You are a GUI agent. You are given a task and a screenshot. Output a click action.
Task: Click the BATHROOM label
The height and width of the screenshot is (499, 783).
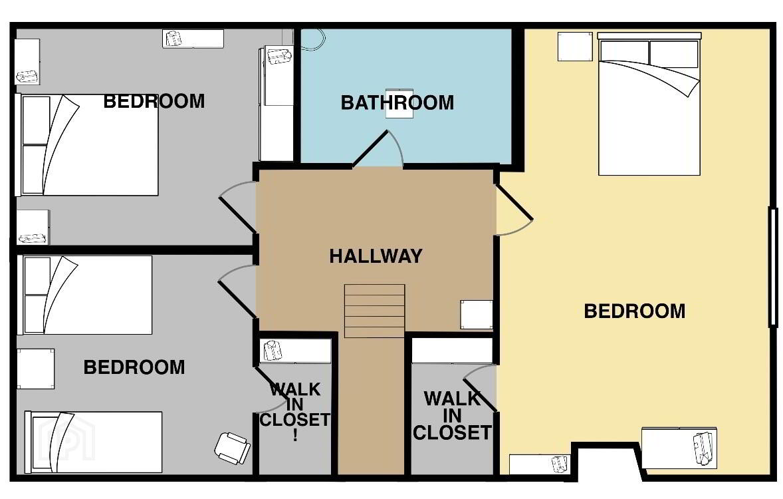(x=397, y=102)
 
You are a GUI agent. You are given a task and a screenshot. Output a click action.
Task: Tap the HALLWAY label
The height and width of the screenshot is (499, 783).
(x=376, y=256)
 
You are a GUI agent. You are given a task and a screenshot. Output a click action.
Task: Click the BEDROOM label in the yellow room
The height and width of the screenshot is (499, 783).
(x=635, y=311)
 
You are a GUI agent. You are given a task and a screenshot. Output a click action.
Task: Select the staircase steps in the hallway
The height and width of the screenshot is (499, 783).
(x=374, y=311)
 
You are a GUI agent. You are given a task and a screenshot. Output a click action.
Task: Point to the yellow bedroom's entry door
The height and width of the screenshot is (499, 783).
(x=514, y=210)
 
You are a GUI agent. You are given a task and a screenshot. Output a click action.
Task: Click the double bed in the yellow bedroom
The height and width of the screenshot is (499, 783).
(x=649, y=104)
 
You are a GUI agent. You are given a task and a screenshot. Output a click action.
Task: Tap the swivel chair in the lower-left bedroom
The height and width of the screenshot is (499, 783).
(x=232, y=448)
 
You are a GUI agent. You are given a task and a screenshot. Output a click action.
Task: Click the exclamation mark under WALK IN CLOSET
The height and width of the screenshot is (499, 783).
(x=295, y=434)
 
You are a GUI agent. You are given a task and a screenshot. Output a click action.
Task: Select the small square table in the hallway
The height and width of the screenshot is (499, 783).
(x=477, y=315)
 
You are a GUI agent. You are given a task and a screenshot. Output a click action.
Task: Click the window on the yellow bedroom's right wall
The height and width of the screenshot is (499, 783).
(x=773, y=267)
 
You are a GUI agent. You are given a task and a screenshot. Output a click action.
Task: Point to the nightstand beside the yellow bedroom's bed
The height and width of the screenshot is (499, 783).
(x=575, y=47)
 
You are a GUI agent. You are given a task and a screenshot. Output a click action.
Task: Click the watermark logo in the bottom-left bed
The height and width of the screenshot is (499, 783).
(x=70, y=440)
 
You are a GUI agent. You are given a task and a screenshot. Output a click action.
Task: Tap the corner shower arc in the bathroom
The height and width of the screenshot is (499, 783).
(x=314, y=40)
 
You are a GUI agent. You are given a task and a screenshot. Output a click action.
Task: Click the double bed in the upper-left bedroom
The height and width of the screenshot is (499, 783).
(x=88, y=145)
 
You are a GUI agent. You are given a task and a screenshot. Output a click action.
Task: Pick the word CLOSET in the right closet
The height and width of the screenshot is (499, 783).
(x=453, y=432)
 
